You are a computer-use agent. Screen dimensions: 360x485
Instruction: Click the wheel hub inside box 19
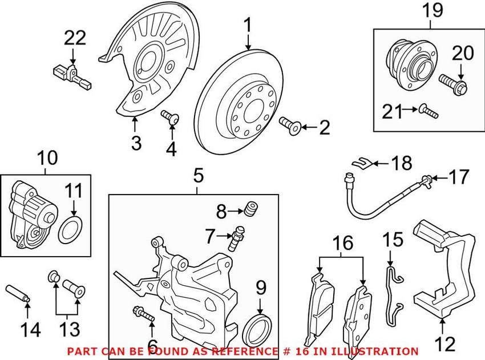[407, 63]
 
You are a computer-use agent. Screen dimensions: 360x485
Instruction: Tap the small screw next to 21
[428, 110]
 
